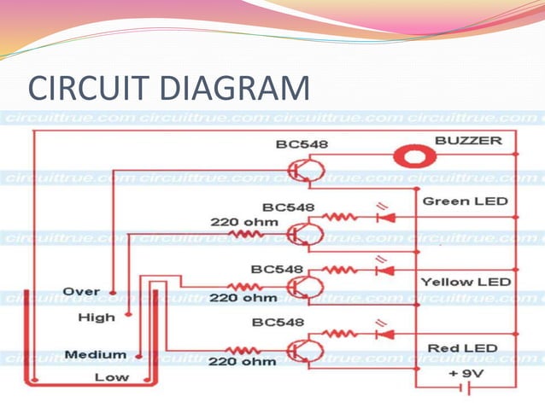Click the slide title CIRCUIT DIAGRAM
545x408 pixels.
[168, 89]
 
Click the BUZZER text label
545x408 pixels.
[468, 140]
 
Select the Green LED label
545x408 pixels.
[466, 201]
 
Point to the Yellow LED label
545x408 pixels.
[466, 282]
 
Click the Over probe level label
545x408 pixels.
[81, 291]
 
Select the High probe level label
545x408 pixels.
[96, 318]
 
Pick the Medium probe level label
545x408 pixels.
[95, 354]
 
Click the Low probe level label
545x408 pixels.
[112, 376]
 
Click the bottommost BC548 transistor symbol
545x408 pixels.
[301, 350]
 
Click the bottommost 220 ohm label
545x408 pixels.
[243, 361]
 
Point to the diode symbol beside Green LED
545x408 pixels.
[384, 218]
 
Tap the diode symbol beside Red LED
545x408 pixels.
[384, 334]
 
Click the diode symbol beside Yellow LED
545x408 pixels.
[384, 271]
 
